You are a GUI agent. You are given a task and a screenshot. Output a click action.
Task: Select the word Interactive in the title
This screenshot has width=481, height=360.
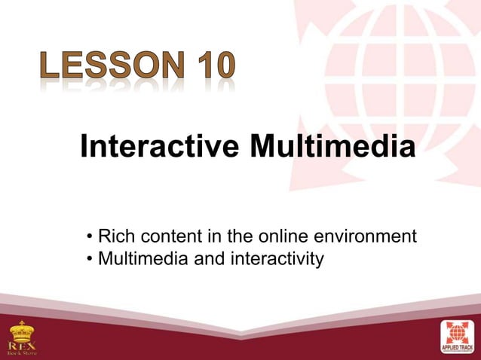(x=161, y=145)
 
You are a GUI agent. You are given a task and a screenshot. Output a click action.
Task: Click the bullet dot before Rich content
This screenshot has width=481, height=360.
(x=89, y=238)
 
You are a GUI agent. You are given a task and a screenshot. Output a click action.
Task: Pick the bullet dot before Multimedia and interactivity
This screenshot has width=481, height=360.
(x=89, y=261)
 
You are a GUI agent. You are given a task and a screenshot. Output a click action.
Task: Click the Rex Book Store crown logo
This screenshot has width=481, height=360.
(x=21, y=331)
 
